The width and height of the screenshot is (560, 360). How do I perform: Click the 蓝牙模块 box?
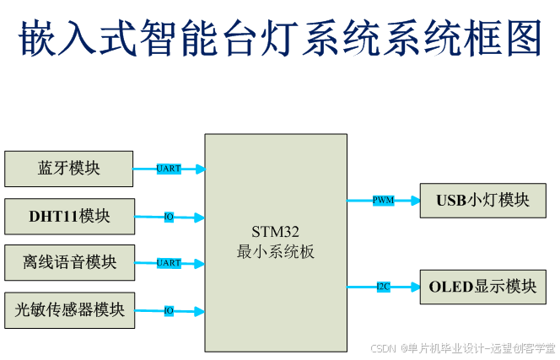(69, 169)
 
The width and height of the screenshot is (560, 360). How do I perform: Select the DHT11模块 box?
(69, 216)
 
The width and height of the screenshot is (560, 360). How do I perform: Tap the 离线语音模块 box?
(69, 263)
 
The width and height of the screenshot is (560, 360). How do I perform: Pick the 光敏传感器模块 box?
(69, 310)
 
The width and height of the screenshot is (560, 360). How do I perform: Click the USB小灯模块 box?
(483, 201)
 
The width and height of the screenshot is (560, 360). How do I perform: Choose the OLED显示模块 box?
(483, 287)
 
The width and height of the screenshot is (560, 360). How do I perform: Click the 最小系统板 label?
(275, 252)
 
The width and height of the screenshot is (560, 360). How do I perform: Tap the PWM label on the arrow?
(384, 201)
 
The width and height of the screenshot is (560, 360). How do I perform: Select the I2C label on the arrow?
(384, 287)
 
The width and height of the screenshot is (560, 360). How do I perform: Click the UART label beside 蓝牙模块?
(169, 169)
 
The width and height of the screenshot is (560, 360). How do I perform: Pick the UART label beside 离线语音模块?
(169, 263)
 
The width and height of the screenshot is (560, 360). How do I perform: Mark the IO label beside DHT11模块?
(169, 217)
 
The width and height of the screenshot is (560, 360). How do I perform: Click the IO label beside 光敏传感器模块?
(169, 311)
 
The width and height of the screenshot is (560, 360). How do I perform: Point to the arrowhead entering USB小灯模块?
(414, 201)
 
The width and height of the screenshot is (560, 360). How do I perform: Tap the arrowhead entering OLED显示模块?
(414, 287)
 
